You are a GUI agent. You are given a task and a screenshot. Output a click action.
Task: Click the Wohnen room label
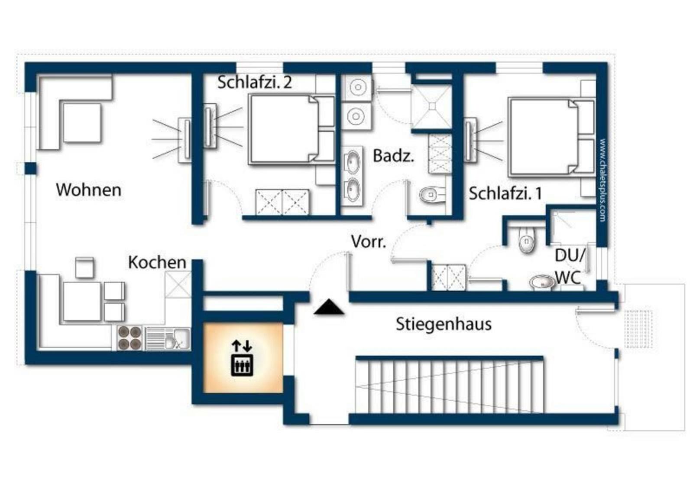pyautogui.click(x=88, y=190)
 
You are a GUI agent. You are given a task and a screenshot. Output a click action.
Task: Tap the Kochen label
pyautogui.click(x=157, y=262)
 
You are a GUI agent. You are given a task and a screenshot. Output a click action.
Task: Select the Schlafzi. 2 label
pyautogui.click(x=255, y=82)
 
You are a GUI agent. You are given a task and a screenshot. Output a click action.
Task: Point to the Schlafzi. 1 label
pyautogui.click(x=505, y=193)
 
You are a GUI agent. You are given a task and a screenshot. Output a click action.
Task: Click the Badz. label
pyautogui.click(x=394, y=156)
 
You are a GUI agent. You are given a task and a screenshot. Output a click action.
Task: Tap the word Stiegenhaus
pyautogui.click(x=444, y=324)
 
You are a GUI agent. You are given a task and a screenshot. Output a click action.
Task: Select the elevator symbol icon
pyautogui.click(x=242, y=358)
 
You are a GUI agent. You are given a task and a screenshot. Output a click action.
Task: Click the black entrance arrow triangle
pyautogui.click(x=329, y=307)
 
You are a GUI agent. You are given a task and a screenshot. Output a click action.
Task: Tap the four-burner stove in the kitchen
pyautogui.click(x=130, y=338)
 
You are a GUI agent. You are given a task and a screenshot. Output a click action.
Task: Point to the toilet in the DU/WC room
pyautogui.click(x=526, y=240)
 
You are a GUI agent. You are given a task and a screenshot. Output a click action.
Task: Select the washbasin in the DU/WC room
pyautogui.click(x=542, y=282)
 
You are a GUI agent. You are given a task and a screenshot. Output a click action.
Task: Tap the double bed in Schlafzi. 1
pyautogui.click(x=551, y=137)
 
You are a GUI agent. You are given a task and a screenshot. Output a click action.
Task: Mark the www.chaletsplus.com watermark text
pyautogui.click(x=602, y=180)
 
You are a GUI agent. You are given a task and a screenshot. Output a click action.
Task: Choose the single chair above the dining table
pyautogui.click(x=84, y=267)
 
